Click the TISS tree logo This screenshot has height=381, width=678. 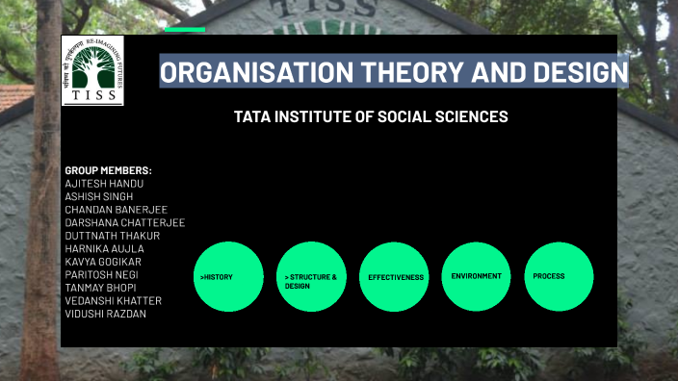pyautogui.click(x=92, y=70)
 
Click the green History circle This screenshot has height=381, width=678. pyautogui.click(x=228, y=277)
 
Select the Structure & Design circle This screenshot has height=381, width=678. pyautogui.click(x=311, y=277)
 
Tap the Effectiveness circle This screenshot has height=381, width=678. pyautogui.click(x=394, y=277)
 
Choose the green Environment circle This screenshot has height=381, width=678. pyautogui.click(x=477, y=277)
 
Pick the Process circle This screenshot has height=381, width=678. pyautogui.click(x=559, y=277)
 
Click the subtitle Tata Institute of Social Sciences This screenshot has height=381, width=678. pyautogui.click(x=371, y=116)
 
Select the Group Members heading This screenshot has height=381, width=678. pyautogui.click(x=108, y=170)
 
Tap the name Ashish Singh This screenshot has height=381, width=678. pyautogui.click(x=99, y=196)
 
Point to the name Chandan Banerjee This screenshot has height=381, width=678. pyautogui.click(x=116, y=210)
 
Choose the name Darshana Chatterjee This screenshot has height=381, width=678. pyautogui.click(x=124, y=222)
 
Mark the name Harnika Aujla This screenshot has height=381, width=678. pyautogui.click(x=104, y=248)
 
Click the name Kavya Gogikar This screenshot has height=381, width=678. pyautogui.click(x=103, y=262)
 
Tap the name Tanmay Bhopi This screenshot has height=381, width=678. pyautogui.click(x=100, y=288)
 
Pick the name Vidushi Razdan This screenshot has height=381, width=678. pyautogui.click(x=105, y=314)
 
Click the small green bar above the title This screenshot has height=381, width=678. pyautogui.click(x=185, y=30)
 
